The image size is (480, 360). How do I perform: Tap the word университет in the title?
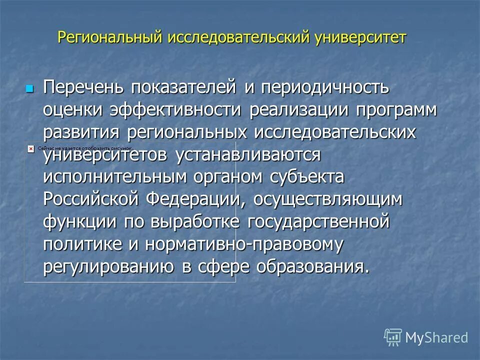click(x=360, y=38)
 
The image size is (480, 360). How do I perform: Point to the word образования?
click(x=313, y=267)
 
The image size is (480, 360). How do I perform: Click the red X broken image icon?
click(x=30, y=149)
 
